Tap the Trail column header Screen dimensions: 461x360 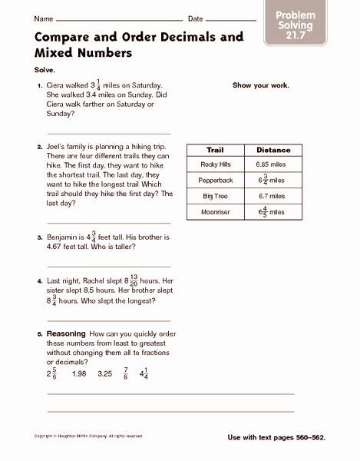(214, 149)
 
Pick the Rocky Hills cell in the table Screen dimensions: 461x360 (214, 164)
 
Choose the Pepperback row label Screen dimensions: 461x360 (214, 180)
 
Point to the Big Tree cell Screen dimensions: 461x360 (214, 196)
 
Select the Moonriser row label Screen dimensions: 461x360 (214, 211)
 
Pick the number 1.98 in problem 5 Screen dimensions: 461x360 (78, 374)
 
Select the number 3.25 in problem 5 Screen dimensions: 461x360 (104, 374)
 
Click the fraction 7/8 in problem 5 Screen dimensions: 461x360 (125, 374)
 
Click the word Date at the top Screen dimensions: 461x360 (196, 18)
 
